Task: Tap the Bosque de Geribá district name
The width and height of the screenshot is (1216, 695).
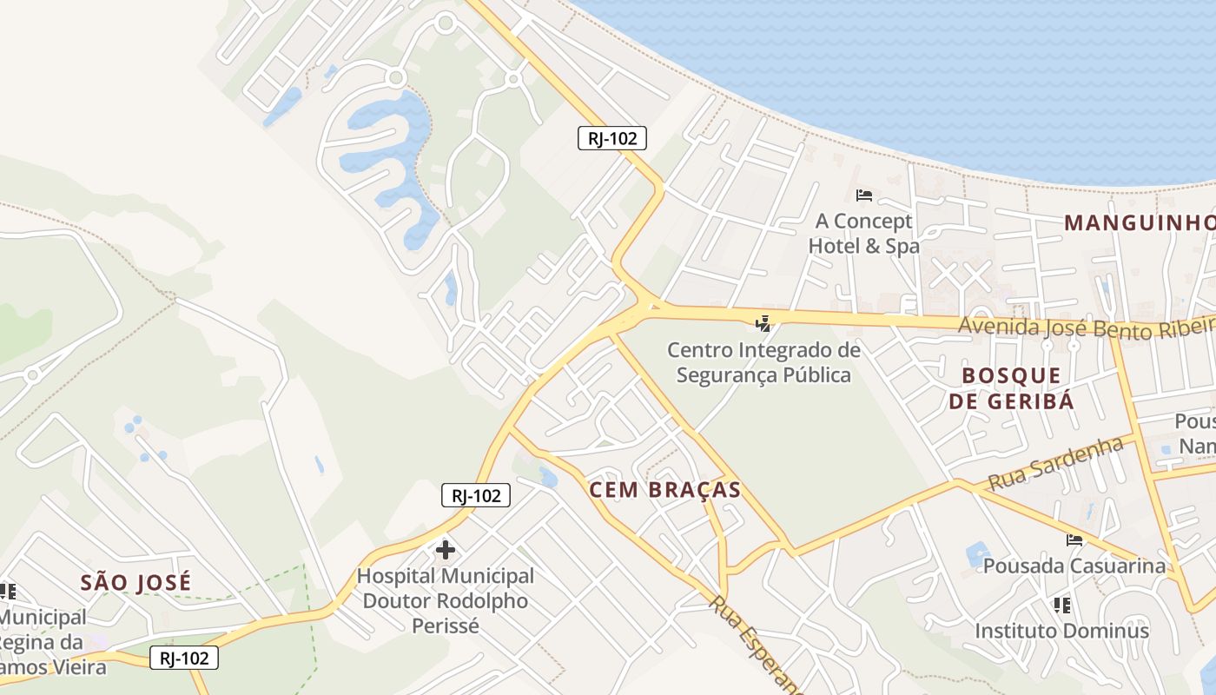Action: (1011, 387)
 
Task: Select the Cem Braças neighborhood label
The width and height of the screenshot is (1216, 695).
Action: (665, 490)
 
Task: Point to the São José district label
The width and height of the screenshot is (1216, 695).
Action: (135, 582)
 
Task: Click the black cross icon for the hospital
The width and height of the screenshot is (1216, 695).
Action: (446, 549)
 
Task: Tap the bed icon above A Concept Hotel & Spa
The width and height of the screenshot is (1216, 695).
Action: (863, 195)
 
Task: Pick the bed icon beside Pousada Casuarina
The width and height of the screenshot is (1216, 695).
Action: (1074, 539)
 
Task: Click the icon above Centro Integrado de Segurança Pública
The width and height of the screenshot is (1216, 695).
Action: (763, 324)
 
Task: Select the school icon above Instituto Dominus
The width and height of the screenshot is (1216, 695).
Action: (1061, 604)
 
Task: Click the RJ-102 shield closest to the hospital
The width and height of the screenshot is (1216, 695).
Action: (475, 495)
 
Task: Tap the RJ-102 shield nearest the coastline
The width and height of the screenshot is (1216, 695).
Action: (612, 137)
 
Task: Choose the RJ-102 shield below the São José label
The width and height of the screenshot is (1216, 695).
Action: (184, 658)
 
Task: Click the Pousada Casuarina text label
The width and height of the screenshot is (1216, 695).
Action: (1074, 566)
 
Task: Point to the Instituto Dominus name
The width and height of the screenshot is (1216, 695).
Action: (1061, 631)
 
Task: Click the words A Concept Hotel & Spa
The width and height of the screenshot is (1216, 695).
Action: (863, 234)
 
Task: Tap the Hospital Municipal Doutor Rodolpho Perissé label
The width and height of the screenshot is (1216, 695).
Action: (446, 600)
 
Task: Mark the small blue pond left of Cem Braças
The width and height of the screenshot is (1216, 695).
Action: (548, 477)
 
